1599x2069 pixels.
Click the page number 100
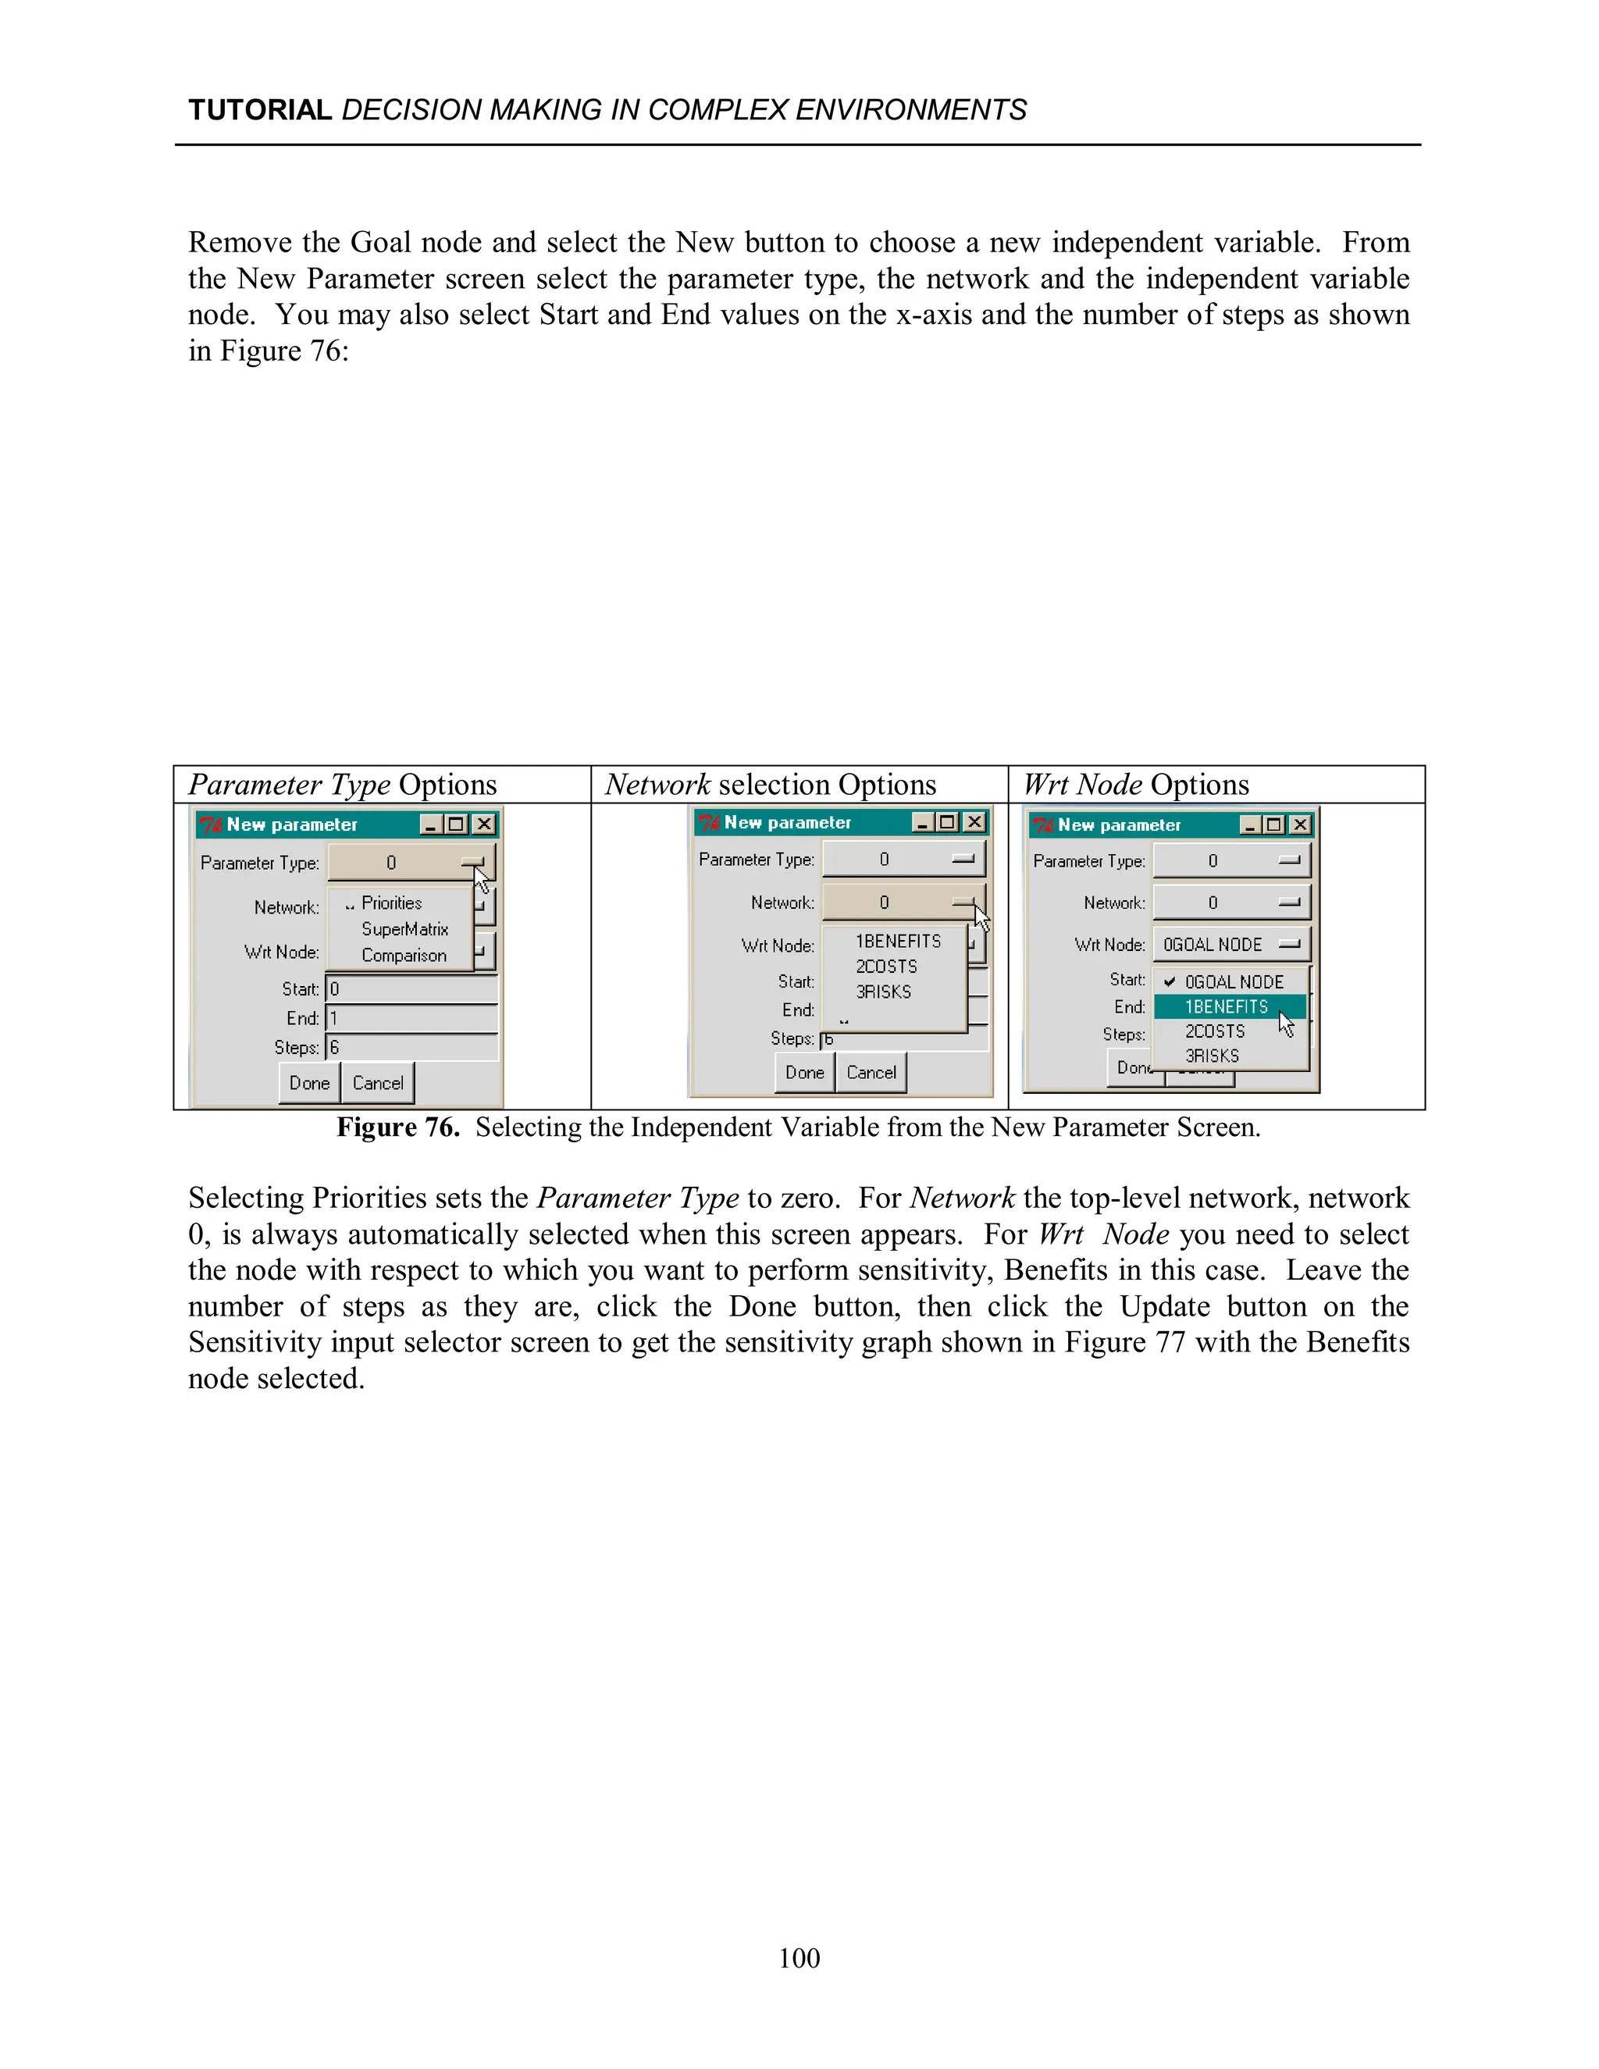point(799,1958)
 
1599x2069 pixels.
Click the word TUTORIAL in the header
point(259,110)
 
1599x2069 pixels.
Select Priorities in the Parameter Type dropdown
point(391,903)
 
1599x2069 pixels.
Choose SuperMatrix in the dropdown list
point(404,929)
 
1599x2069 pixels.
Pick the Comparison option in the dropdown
point(404,955)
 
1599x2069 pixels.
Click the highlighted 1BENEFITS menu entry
point(1226,1007)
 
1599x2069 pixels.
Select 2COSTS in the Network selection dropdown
point(887,967)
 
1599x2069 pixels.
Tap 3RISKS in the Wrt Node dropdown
point(1212,1056)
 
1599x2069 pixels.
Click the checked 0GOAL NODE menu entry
point(1234,982)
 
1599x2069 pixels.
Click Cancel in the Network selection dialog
point(871,1073)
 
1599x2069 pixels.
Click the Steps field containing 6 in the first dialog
point(412,1048)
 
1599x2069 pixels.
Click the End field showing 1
point(412,1018)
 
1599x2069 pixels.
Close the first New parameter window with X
point(484,824)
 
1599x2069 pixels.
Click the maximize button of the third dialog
point(1274,824)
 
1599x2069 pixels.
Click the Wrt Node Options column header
point(1136,785)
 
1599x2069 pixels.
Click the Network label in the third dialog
point(1114,903)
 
